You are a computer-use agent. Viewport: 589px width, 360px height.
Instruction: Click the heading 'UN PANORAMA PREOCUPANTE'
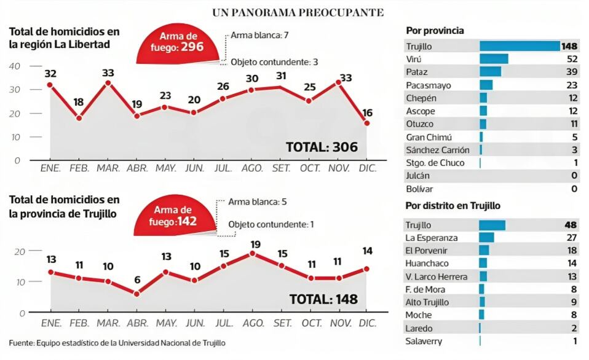click(298, 12)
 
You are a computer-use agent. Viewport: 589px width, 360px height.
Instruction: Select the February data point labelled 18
click(79, 117)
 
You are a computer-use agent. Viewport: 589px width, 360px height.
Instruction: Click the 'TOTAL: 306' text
click(322, 147)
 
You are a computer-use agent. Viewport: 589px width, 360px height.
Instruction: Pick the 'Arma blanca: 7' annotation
click(259, 35)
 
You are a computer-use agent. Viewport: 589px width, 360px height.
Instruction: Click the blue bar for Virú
click(494, 59)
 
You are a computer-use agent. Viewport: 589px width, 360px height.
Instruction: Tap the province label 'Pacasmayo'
click(428, 85)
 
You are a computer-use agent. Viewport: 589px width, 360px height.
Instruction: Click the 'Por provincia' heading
click(435, 31)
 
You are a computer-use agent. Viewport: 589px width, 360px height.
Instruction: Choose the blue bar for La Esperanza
click(486, 237)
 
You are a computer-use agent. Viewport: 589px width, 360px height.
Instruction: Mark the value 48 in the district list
click(571, 224)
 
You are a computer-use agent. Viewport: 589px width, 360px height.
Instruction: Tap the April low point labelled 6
click(136, 294)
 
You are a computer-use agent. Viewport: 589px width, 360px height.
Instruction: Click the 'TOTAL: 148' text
click(323, 300)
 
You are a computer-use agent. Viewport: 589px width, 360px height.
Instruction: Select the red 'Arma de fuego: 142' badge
click(176, 216)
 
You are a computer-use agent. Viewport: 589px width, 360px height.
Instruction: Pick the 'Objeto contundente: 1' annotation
click(271, 225)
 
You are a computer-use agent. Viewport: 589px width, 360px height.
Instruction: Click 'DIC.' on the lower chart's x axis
click(367, 323)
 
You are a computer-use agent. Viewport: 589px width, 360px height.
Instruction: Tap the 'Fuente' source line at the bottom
click(117, 342)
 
